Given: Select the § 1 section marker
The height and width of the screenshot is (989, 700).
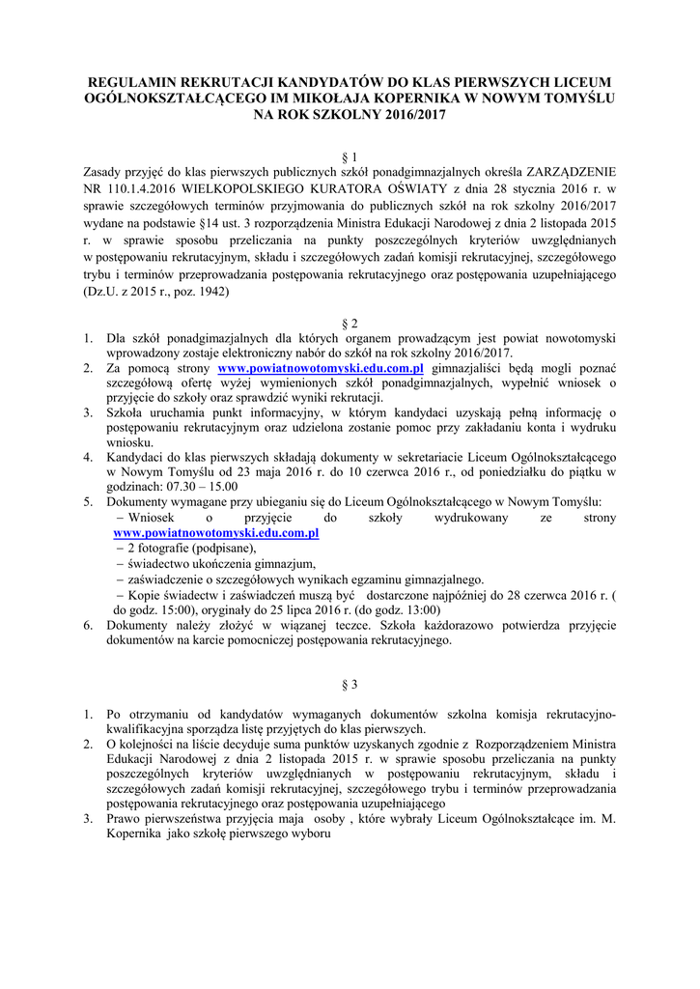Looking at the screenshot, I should pos(350,155).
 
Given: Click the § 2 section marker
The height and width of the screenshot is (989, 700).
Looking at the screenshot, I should pos(350,321).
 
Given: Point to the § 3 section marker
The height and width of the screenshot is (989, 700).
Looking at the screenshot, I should pos(350,685).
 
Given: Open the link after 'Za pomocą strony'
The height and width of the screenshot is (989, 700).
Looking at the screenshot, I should pos(322,369).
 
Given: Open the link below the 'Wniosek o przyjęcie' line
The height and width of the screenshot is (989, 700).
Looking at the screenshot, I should pos(216,533).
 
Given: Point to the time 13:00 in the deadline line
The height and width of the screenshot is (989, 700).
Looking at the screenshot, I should pos(418,610).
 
